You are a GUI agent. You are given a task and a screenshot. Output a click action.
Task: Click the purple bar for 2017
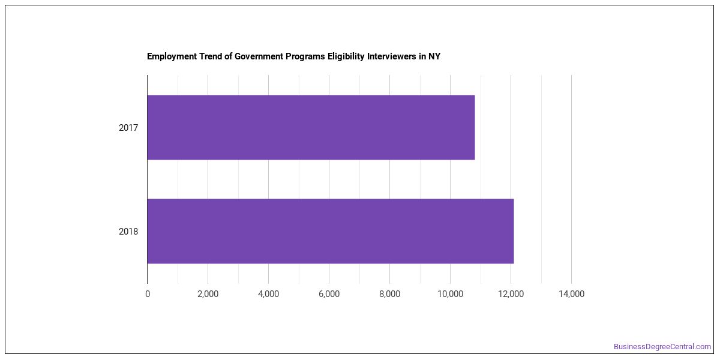click(x=311, y=127)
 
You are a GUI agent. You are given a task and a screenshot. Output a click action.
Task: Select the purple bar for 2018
click(x=331, y=231)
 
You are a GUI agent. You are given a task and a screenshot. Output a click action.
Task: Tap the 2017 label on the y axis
click(x=128, y=128)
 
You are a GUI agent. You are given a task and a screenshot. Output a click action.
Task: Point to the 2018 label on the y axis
click(x=128, y=232)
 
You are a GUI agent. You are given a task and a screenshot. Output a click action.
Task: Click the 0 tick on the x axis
click(x=148, y=294)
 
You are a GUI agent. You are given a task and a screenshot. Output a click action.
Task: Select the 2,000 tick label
click(x=208, y=294)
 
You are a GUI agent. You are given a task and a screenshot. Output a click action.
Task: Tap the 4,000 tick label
click(x=268, y=294)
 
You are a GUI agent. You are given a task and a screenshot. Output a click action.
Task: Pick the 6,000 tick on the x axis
click(x=329, y=294)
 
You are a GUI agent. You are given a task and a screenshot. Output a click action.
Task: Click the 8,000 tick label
click(x=389, y=294)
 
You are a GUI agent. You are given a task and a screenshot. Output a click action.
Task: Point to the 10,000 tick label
click(x=451, y=294)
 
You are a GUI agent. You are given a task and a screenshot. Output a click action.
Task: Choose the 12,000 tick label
click(x=511, y=294)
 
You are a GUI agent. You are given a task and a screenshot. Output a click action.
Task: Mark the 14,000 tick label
click(x=571, y=294)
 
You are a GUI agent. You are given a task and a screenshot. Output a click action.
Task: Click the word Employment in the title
click(x=172, y=56)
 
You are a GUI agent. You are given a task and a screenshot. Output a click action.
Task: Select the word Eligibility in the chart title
click(x=346, y=56)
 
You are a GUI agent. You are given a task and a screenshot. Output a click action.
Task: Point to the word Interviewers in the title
click(x=391, y=56)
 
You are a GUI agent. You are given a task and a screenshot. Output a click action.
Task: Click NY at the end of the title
click(x=434, y=56)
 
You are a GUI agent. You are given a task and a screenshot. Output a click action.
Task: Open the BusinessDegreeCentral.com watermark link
click(x=662, y=347)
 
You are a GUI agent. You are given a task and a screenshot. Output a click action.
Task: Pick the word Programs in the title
click(x=305, y=56)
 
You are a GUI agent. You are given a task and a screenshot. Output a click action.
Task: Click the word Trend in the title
click(x=211, y=56)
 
